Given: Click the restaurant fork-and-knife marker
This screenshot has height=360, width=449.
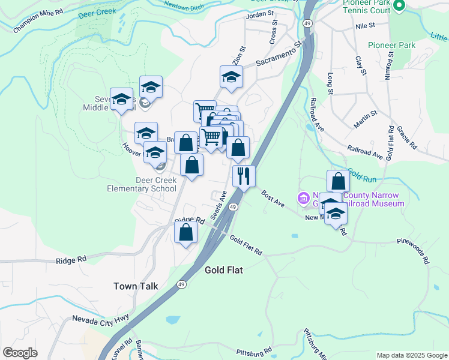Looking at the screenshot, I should pos(244,176).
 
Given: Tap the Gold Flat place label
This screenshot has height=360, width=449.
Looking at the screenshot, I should pos(223,270).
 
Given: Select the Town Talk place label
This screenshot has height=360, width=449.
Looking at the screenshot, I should pos(136,286).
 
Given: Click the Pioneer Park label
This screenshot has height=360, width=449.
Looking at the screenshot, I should pos(391,45).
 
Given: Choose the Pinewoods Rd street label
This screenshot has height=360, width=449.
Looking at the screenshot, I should pos(414,250).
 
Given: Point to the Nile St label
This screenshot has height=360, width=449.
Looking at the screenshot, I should pos(364,26).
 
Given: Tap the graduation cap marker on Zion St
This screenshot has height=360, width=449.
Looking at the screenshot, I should pos(231,77).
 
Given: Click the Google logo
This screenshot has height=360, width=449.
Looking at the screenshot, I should pos(20,353).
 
